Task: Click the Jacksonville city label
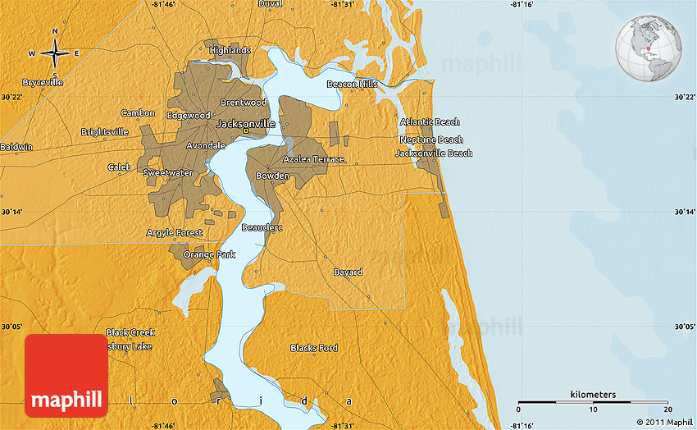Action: pyautogui.click(x=245, y=123)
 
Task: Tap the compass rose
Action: pyautogui.click(x=55, y=53)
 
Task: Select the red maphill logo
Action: pyautogui.click(x=66, y=376)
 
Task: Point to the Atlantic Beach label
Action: pyautogui.click(x=430, y=122)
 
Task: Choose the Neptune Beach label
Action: pyautogui.click(x=431, y=140)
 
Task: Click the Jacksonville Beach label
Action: pyautogui.click(x=434, y=153)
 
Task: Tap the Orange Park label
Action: pyautogui.click(x=209, y=254)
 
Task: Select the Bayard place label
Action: pyautogui.click(x=348, y=272)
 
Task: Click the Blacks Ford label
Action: pyautogui.click(x=313, y=348)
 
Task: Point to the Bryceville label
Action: pyautogui.click(x=43, y=83)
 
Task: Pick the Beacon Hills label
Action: pyautogui.click(x=352, y=84)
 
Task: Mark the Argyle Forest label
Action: pyautogui.click(x=174, y=233)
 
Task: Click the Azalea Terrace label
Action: pyautogui.click(x=313, y=159)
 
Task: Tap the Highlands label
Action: pyautogui.click(x=230, y=50)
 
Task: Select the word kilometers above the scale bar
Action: pyautogui.click(x=593, y=395)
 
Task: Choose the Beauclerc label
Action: pyautogui.click(x=262, y=227)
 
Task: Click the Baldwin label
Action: pyautogui.click(x=16, y=147)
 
